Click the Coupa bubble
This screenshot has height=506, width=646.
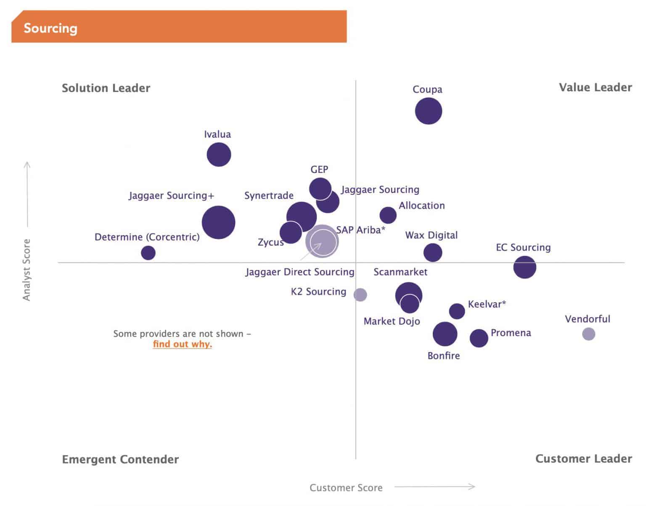[428, 111]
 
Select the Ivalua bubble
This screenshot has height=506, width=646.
[219, 154]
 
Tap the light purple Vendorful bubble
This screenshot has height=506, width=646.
[588, 334]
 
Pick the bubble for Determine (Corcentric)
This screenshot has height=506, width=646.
[148, 253]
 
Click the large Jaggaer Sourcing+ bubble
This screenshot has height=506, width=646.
[218, 223]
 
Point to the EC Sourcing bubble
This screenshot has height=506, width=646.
[524, 267]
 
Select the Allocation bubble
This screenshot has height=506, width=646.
[388, 215]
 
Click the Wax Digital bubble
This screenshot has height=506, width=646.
[432, 253]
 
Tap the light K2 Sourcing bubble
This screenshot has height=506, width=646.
[360, 294]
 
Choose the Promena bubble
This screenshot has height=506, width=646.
[479, 338]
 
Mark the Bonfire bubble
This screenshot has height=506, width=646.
[445, 334]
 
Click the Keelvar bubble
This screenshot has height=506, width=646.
[457, 311]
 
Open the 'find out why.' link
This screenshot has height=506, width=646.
[182, 344]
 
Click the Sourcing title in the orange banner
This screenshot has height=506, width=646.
[50, 28]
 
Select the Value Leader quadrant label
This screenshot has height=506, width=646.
[595, 87]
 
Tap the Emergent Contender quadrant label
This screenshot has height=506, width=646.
[120, 459]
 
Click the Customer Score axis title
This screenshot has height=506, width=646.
[346, 488]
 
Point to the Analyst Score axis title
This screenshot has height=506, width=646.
[26, 270]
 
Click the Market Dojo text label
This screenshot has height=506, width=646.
[392, 321]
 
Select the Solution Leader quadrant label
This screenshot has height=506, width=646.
[106, 88]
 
